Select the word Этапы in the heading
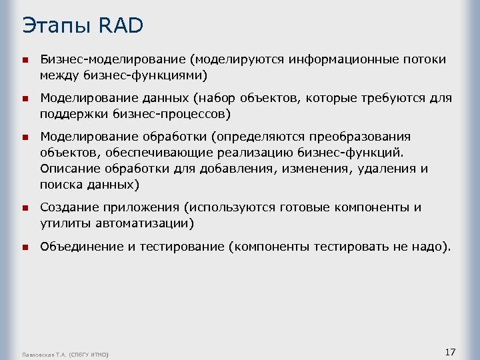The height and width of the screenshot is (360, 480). pos(56,26)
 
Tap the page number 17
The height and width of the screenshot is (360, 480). pos(449,351)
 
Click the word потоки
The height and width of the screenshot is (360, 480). pos(423,59)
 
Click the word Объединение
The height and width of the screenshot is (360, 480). pos(82,247)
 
